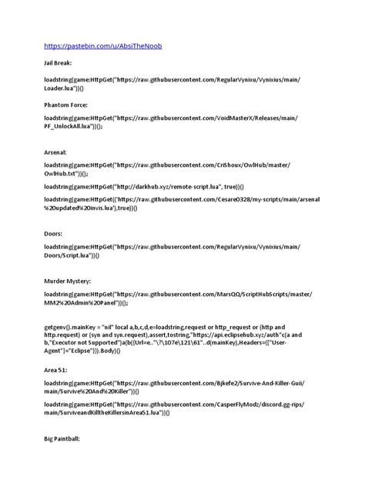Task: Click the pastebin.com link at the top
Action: click(102, 45)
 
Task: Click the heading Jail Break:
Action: click(58, 67)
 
